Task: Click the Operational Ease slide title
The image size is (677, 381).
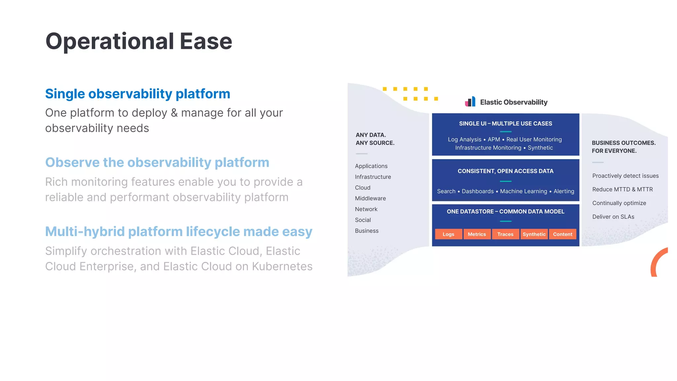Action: coord(139,41)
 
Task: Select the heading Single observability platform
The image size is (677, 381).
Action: coord(138,94)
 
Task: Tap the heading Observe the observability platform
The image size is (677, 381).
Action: coord(157,163)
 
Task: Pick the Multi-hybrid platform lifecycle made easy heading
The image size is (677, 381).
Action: coord(179,232)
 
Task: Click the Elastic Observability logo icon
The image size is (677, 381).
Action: coord(470,102)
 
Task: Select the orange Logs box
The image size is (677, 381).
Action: coord(448,234)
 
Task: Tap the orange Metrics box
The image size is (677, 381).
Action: coord(477,234)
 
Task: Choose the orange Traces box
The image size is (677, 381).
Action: coord(505,234)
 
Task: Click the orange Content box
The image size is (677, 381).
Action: coord(562,234)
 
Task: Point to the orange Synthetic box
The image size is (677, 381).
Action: coord(534,234)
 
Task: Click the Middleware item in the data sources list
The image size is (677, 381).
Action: coord(370,198)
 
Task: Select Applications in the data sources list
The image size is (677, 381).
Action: coord(371,166)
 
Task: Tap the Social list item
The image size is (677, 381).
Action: coord(363,220)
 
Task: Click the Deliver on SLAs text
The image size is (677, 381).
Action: coord(613,217)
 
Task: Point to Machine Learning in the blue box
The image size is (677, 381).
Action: coord(524,191)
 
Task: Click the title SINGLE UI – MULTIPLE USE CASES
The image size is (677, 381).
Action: coord(505,124)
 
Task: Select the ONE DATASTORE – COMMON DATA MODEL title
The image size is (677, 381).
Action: coord(505,212)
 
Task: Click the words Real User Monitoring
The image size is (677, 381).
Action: coord(534,140)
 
